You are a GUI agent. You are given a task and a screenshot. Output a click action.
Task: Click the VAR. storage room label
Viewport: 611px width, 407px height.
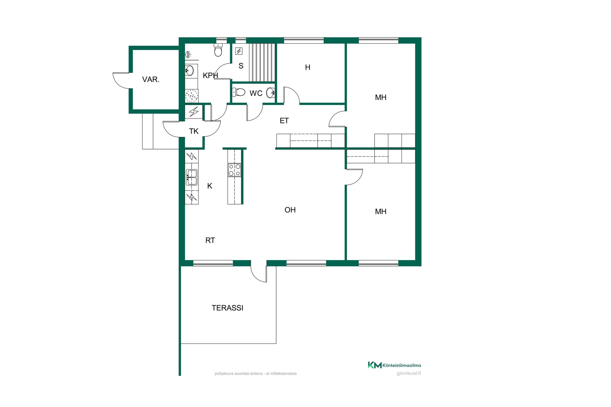coord(151,79)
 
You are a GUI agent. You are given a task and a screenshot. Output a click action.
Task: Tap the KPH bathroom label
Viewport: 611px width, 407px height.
coord(210,75)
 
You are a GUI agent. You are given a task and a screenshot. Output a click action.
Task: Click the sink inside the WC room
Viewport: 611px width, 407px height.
coord(271,93)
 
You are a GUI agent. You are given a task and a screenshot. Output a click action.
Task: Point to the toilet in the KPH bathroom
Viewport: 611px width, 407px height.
coord(218,50)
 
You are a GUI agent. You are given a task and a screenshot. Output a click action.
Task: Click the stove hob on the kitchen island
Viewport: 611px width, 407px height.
coord(235,170)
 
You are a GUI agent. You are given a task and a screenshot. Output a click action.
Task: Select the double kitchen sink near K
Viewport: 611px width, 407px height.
coord(192,177)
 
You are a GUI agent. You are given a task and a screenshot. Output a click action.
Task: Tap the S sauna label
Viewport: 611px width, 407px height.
coord(241,66)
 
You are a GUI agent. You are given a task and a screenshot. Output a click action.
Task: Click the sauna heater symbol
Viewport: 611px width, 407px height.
coord(239,51)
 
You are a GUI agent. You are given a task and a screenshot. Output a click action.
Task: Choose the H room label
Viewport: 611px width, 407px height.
coord(308,67)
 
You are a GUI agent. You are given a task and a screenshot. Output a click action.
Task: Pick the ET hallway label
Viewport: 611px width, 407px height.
coord(284,121)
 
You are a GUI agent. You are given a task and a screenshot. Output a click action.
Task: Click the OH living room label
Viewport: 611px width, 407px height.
coord(290,210)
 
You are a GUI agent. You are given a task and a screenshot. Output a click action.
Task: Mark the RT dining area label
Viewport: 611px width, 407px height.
coord(210,240)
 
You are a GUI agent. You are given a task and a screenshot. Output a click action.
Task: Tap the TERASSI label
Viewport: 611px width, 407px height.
coord(228,308)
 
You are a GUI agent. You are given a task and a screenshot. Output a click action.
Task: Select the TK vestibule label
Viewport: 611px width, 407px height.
coord(194,131)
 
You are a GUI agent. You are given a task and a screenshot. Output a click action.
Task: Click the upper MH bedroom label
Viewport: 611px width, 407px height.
coord(381,98)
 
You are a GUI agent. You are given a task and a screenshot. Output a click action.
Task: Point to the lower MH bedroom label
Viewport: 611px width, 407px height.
coord(381,211)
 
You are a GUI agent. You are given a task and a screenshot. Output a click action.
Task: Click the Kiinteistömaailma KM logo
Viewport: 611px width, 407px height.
coord(375,365)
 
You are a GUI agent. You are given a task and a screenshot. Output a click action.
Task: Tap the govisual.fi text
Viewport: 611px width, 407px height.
coord(409,373)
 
